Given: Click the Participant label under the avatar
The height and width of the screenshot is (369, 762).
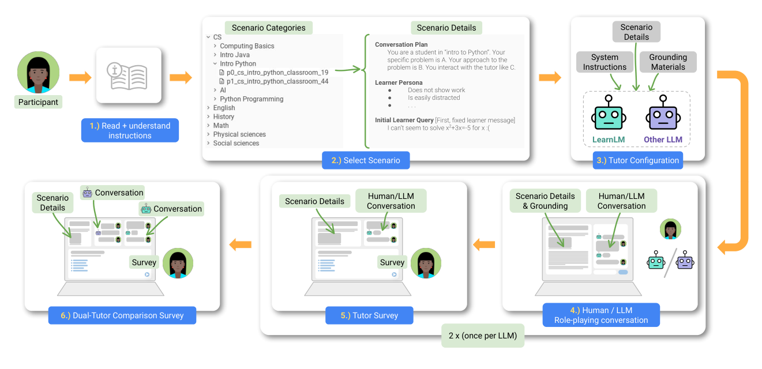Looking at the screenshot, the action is click(38, 102).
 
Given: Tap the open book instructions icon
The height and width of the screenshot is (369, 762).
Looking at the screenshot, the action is click(128, 76).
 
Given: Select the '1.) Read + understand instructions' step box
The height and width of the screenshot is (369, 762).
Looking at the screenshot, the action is click(130, 130).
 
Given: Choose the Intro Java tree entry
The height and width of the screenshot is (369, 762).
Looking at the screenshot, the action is click(234, 55).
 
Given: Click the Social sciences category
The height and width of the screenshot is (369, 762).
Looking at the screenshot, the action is click(236, 143).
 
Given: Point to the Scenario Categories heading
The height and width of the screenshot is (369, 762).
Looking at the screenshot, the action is click(269, 28).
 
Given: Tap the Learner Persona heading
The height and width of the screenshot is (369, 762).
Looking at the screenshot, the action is click(399, 82).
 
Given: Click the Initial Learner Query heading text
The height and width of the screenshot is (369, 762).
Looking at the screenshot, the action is click(404, 120).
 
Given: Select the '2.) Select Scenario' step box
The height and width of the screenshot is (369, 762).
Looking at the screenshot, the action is click(366, 160).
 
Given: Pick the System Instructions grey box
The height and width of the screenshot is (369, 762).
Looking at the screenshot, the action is click(605, 62).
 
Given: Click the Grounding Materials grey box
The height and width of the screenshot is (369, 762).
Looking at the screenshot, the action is click(668, 62).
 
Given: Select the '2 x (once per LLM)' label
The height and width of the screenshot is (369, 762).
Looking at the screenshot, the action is click(483, 336).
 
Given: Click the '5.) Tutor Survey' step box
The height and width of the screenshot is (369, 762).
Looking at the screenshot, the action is click(369, 315).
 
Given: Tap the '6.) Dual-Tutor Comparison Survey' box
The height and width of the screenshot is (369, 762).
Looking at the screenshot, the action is click(122, 315).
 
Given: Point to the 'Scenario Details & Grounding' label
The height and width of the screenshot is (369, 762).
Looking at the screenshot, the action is click(545, 201).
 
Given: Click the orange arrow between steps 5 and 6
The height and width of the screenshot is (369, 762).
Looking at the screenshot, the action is click(240, 244).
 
